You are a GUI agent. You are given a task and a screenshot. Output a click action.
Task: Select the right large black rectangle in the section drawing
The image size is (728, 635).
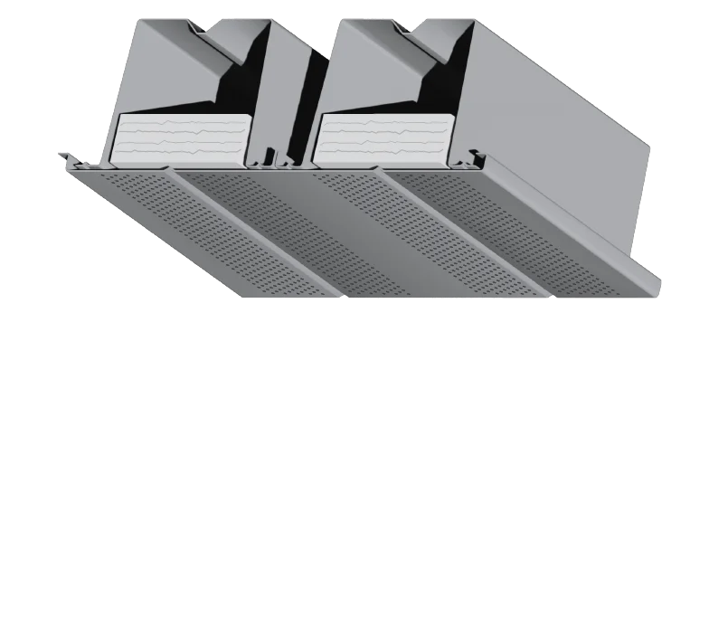(x=466, y=439)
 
